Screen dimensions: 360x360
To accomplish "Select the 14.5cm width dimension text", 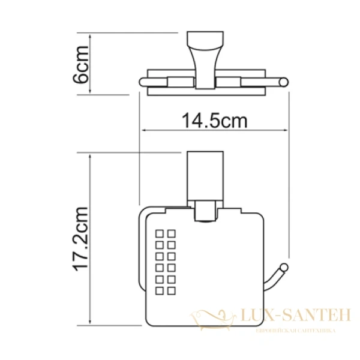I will coord(214,121).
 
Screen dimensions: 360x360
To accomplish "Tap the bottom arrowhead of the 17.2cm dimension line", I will coord(91,325).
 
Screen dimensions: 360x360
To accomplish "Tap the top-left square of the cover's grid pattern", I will coord(160,233).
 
